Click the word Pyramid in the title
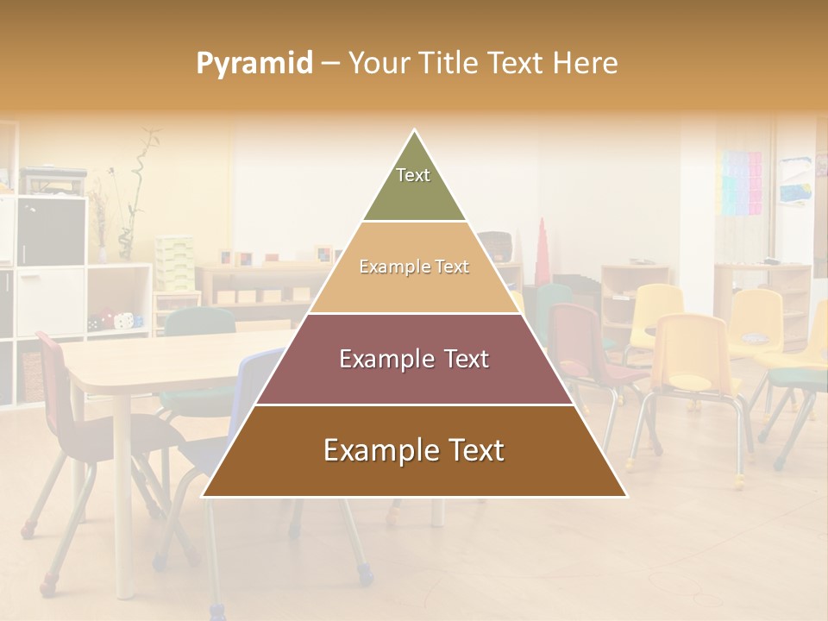tap(254, 63)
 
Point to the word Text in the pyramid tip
tap(413, 175)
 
